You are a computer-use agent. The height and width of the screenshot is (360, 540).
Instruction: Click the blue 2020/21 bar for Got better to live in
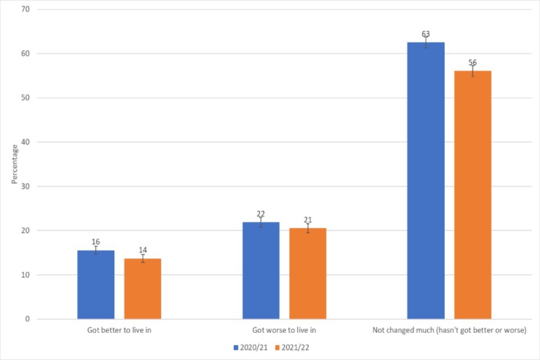click(96, 285)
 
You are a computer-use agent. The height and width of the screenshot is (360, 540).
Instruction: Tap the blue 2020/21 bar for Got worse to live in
click(261, 271)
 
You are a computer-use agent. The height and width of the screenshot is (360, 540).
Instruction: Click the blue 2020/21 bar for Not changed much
click(426, 181)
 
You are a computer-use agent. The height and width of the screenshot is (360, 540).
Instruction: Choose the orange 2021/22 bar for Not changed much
click(472, 195)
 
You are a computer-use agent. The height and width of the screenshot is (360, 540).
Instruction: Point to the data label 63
click(426, 34)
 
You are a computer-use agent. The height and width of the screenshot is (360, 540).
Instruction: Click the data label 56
click(472, 62)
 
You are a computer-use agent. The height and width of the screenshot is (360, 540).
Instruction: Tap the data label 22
click(261, 214)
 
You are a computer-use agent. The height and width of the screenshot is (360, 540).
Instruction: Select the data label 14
click(142, 250)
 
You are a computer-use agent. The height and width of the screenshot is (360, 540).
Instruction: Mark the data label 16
click(96, 242)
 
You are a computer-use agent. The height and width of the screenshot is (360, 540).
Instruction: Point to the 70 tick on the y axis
click(26, 10)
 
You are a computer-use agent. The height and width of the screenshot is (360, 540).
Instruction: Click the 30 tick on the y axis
click(26, 186)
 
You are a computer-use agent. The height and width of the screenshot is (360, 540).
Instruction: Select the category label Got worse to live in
click(284, 330)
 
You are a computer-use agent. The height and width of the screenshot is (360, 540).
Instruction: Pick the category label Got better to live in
click(119, 330)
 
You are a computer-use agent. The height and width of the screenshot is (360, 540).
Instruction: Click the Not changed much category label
click(449, 330)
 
